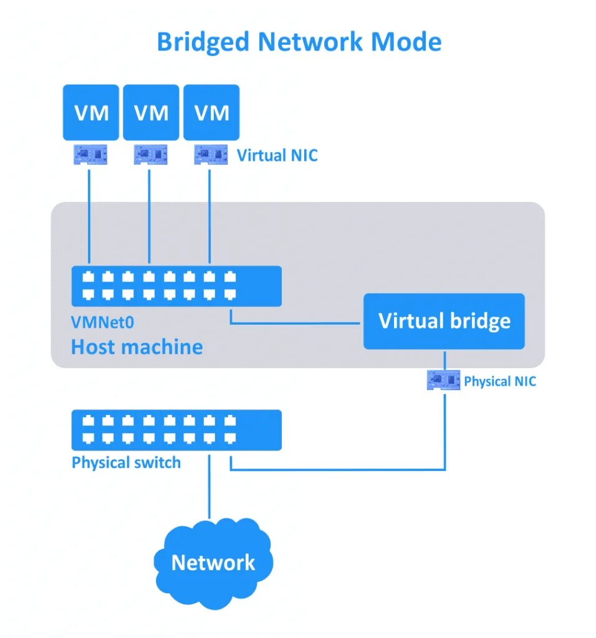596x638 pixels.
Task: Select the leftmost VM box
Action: click(x=91, y=113)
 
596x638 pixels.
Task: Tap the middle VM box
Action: click(x=151, y=113)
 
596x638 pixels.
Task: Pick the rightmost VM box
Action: click(x=211, y=113)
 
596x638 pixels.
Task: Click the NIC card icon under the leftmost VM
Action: click(x=91, y=154)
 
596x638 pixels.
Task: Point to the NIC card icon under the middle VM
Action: click(x=151, y=154)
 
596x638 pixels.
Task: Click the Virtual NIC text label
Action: click(x=277, y=155)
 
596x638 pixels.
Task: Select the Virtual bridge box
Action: click(x=444, y=321)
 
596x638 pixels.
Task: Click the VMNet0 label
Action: click(x=103, y=322)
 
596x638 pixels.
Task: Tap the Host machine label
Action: click(x=137, y=346)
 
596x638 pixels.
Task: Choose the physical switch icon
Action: click(x=176, y=430)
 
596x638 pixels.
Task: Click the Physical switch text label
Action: click(x=126, y=463)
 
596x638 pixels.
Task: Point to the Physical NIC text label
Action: click(x=499, y=381)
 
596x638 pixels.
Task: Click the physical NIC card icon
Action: click(x=444, y=380)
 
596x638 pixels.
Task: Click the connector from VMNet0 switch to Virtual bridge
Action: click(x=293, y=324)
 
